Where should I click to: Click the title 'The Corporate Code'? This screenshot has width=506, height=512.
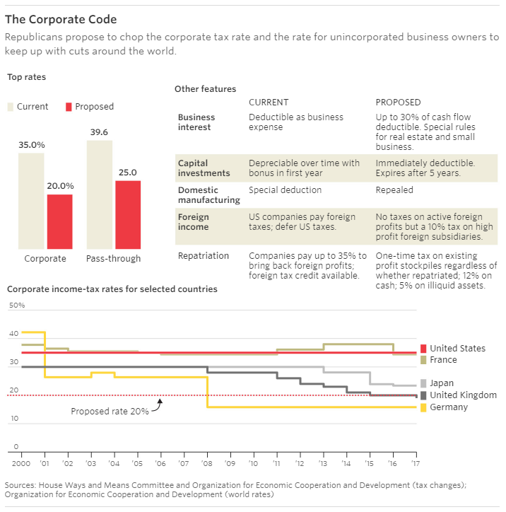61,19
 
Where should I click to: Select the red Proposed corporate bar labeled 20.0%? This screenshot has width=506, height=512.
59,221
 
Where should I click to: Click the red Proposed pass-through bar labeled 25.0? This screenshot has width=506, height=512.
128,214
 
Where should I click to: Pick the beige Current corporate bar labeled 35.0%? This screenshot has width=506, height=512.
31,199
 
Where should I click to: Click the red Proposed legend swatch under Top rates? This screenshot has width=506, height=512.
69,107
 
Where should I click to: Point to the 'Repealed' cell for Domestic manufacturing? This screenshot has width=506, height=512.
394,190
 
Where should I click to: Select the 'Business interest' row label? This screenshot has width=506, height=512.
196,122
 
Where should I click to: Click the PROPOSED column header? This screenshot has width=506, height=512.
398,103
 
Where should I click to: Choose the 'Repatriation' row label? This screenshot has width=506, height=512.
204,255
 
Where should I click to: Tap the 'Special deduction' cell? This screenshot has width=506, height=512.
285,190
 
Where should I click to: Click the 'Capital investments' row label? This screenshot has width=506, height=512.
204,168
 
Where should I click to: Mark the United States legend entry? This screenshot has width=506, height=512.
457,348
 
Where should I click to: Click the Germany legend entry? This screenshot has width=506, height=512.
449,407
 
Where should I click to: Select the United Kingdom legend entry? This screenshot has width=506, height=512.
463,395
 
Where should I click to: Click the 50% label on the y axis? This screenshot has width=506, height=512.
17,306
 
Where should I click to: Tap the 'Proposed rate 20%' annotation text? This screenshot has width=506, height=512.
110,411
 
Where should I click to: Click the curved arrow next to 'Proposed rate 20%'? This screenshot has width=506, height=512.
157,405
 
